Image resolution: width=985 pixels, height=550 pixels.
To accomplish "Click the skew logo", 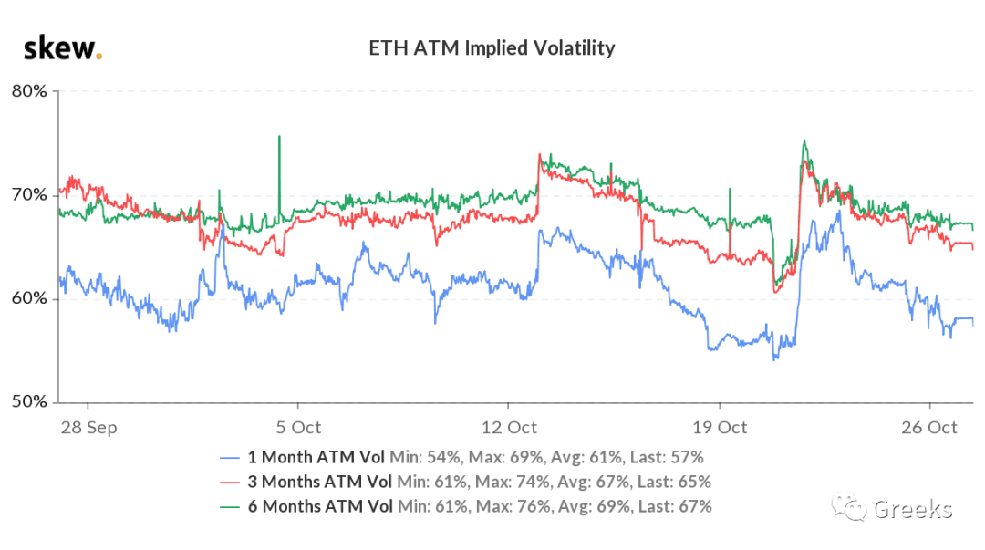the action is pyautogui.click(x=63, y=48).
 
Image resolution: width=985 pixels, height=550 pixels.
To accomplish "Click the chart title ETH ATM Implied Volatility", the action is pyautogui.click(x=492, y=47).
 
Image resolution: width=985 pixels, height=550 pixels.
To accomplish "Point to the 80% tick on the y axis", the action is pyautogui.click(x=29, y=91).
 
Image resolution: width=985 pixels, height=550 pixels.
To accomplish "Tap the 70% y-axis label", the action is pyautogui.click(x=29, y=195).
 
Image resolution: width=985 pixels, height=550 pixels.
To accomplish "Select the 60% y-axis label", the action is pyautogui.click(x=29, y=298).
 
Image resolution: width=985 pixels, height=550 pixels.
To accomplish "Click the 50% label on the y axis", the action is pyautogui.click(x=29, y=401).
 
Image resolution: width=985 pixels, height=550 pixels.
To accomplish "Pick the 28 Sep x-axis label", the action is pyautogui.click(x=88, y=428).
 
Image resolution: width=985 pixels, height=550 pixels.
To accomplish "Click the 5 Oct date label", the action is pyautogui.click(x=298, y=428).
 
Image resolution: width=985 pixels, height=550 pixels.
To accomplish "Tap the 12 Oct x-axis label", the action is pyautogui.click(x=509, y=428).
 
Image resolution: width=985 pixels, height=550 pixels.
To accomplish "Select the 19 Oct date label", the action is pyautogui.click(x=720, y=428).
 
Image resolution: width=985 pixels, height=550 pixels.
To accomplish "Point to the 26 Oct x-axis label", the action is pyautogui.click(x=929, y=428).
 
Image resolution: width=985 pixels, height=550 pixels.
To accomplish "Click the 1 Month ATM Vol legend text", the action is pyautogui.click(x=316, y=457).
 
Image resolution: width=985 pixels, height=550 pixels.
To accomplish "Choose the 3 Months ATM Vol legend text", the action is pyautogui.click(x=320, y=482).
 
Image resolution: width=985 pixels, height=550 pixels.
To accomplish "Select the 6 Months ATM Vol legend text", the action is pyautogui.click(x=320, y=506).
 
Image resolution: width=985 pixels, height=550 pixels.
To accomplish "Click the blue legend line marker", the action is pyautogui.click(x=230, y=458).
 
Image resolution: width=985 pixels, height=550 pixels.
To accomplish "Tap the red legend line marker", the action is pyautogui.click(x=230, y=483).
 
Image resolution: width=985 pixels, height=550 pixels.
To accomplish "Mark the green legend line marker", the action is pyautogui.click(x=230, y=507).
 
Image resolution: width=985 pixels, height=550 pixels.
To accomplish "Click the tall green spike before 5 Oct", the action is pyautogui.click(x=280, y=176).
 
